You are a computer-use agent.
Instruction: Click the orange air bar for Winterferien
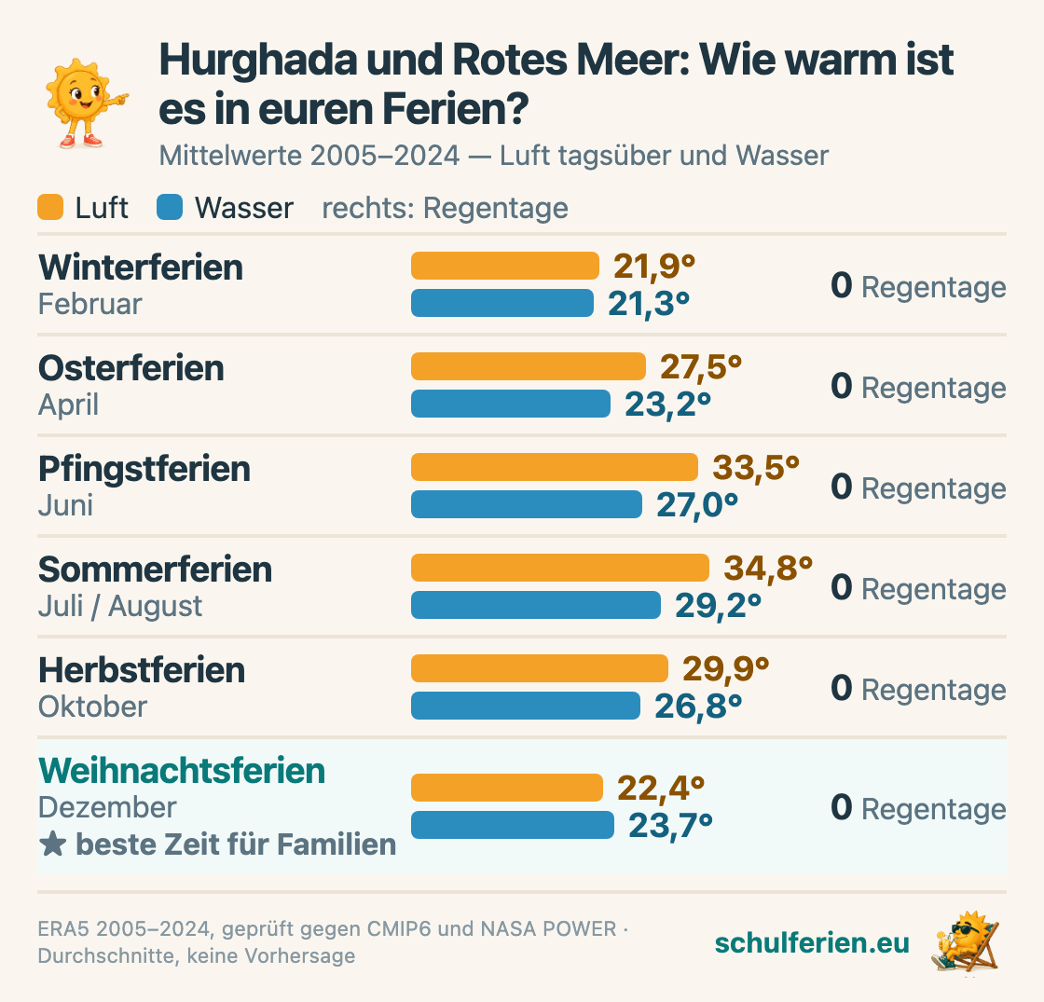(x=504, y=266)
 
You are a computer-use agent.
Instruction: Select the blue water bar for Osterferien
(x=511, y=404)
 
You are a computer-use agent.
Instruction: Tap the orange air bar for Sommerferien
(x=560, y=568)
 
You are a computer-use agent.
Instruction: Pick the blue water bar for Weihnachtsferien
(x=512, y=825)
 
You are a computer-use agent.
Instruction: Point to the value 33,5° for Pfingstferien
(x=756, y=467)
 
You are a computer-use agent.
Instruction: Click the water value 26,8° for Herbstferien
(x=698, y=707)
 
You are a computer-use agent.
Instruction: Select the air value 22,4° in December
(x=661, y=789)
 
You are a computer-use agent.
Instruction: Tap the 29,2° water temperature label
(x=718, y=606)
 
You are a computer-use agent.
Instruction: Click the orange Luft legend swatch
(x=50, y=207)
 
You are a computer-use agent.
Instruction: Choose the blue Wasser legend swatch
(x=170, y=207)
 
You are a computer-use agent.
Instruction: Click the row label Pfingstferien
(x=144, y=469)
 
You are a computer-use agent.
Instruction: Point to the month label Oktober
(x=92, y=707)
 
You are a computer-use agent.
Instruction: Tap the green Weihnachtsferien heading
(x=182, y=771)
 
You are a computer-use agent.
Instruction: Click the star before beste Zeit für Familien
(x=52, y=844)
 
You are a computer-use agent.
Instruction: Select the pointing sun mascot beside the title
(x=85, y=103)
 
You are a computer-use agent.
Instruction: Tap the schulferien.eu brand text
(x=812, y=942)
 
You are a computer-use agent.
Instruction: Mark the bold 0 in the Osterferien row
(x=842, y=386)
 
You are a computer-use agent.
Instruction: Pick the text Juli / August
(x=120, y=606)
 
